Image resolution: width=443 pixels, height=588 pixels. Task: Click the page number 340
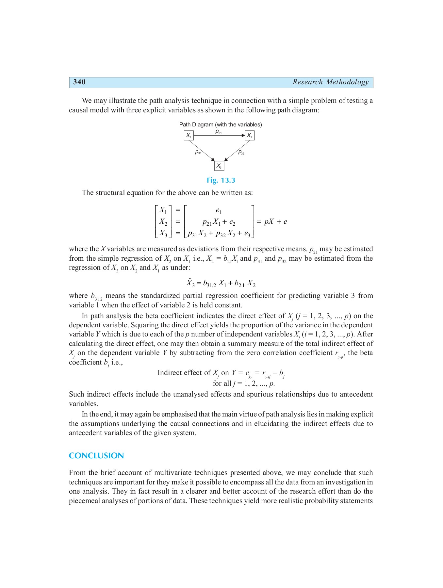79,82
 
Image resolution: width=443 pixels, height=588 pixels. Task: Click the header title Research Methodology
330,82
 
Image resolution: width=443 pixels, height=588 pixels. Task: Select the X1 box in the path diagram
189,135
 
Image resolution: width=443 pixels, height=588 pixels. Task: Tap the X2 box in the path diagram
249,135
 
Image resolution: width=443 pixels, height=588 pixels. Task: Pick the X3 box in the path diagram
219,166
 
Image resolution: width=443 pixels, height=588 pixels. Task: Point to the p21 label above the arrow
219,131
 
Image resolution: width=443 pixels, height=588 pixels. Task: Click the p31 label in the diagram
198,152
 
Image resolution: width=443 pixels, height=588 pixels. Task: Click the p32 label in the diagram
241,152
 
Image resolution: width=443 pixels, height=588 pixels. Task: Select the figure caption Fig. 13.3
221,180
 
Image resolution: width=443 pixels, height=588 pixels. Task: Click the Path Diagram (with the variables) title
221,124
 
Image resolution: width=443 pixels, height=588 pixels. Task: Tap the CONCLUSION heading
96,456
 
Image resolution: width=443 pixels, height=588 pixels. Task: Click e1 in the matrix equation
219,211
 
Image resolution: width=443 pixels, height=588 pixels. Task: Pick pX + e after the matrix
275,222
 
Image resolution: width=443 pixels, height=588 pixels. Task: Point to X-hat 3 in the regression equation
190,283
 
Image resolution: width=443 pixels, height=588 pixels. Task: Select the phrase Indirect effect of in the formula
184,373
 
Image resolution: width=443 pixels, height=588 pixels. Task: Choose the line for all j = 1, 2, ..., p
244,384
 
